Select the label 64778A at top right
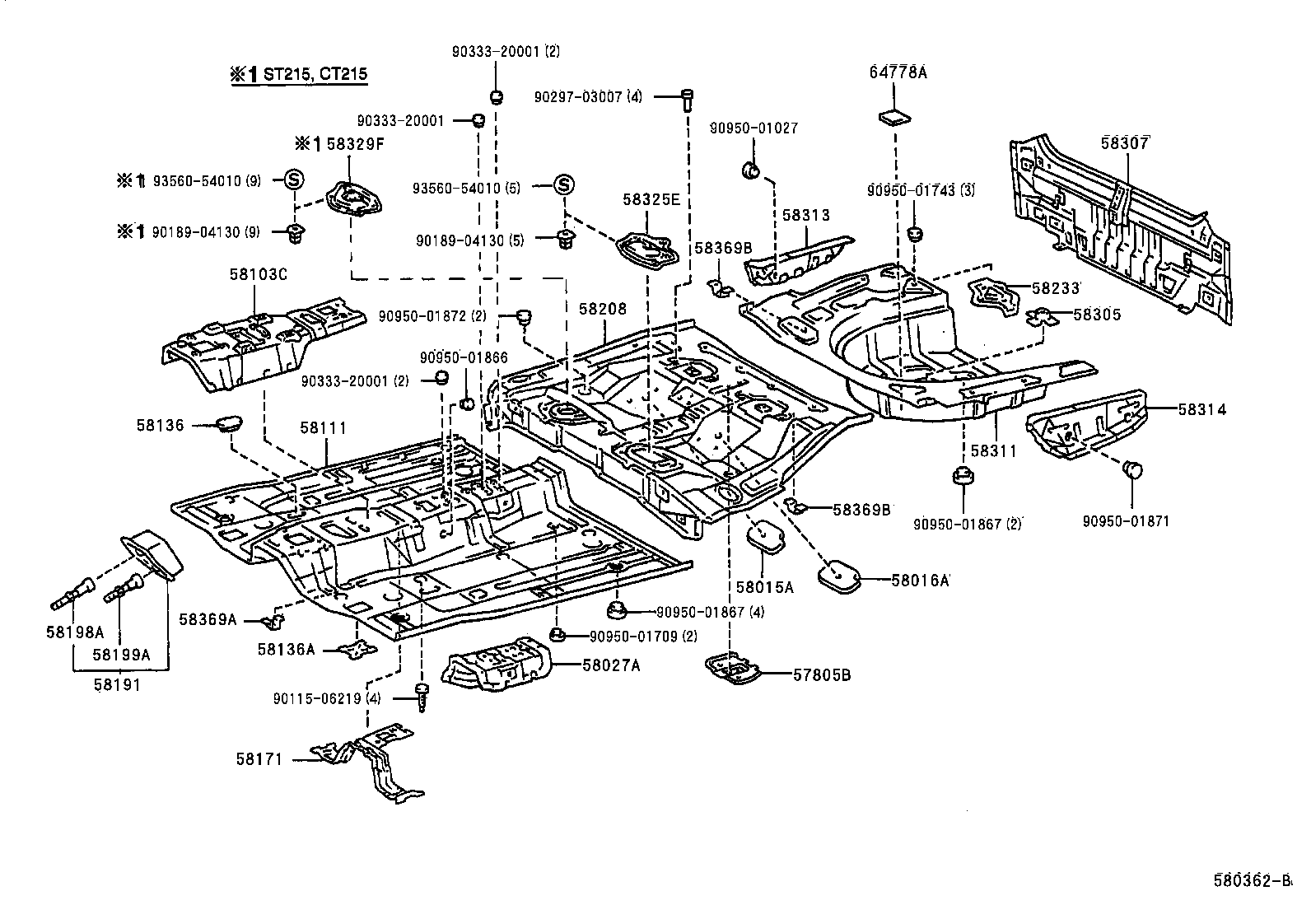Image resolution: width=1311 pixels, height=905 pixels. click(x=898, y=72)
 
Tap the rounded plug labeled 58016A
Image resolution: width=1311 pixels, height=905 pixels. click(x=839, y=576)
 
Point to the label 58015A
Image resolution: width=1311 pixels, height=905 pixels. click(x=764, y=587)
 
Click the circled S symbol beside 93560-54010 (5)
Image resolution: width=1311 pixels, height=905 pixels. click(x=563, y=185)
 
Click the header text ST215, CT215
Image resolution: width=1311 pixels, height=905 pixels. click(x=315, y=74)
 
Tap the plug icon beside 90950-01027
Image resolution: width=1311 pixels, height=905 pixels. click(x=750, y=170)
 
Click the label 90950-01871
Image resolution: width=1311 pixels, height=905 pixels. click(x=1125, y=520)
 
